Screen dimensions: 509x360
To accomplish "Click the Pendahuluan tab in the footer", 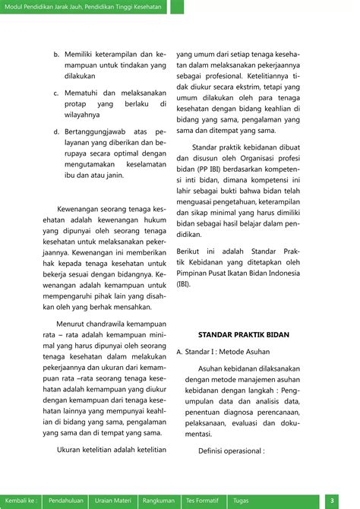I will pyautogui.click(x=66, y=501).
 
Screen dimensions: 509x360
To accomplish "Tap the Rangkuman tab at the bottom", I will pyautogui.click(x=159, y=501).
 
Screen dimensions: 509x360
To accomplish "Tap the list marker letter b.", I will pyautogui.click(x=56, y=55).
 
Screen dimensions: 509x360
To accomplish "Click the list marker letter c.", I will pyautogui.click(x=56, y=93).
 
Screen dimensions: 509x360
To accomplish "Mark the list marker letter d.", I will pyautogui.click(x=56, y=131).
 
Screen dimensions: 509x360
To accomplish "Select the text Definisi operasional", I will pyautogui.click(x=231, y=451).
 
